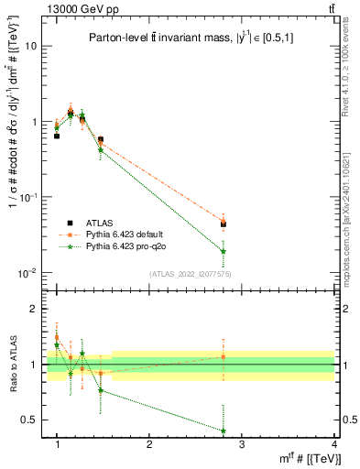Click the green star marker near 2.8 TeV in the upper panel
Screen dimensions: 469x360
tap(249, 251)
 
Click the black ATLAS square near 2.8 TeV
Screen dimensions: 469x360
tap(249, 224)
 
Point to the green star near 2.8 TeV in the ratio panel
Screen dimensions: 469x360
tap(249, 431)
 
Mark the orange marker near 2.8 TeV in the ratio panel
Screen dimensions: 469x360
tap(249, 356)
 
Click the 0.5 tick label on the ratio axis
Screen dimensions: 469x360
tap(29, 420)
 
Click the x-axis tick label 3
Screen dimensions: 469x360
tap(242, 444)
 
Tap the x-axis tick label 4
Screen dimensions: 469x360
tap(333, 444)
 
